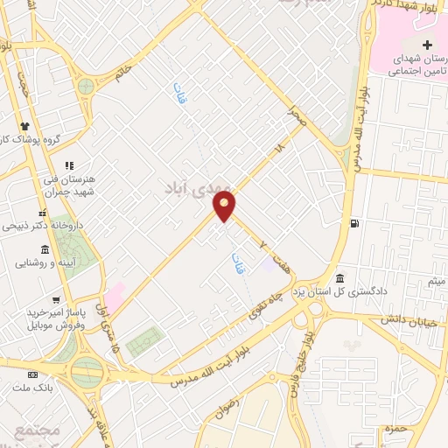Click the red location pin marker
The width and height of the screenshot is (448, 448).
tap(226, 207)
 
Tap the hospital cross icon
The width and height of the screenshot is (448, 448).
tap(427, 45)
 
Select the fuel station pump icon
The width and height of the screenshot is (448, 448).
tap(354, 222)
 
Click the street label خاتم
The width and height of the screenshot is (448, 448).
tap(122, 71)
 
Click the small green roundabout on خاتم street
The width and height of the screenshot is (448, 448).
tap(85, 87)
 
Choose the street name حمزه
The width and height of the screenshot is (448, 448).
tap(386, 430)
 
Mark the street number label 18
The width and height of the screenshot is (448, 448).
tap(279, 150)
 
